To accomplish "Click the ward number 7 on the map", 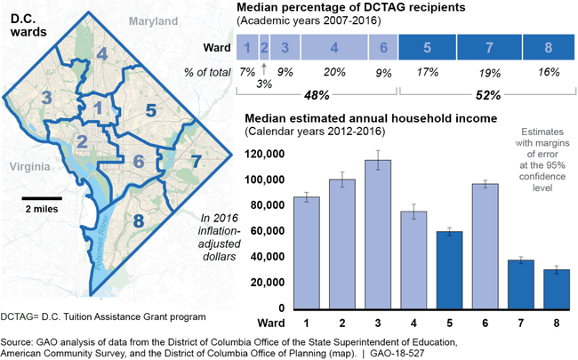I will click(197, 162).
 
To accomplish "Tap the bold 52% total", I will click(487, 94).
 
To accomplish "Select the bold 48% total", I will click(316, 94).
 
